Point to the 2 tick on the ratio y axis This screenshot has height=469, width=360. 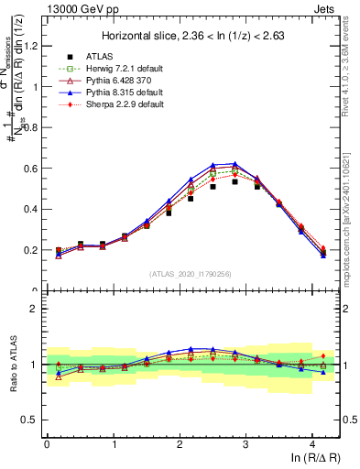click(37, 309)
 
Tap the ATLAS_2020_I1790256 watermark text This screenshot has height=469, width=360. click(191, 274)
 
